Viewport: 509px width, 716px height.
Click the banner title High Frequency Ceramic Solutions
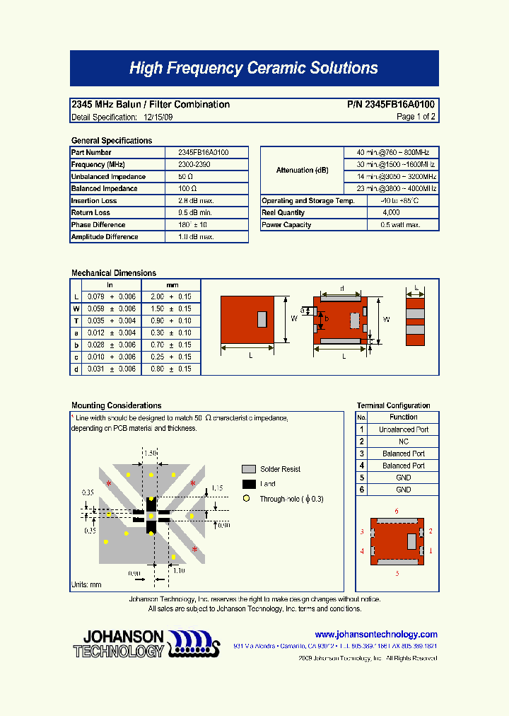click(254, 69)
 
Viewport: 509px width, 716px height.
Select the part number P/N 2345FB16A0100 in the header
click(390, 105)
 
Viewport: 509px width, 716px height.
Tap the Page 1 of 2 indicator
click(416, 117)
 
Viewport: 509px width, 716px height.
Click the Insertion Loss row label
click(94, 201)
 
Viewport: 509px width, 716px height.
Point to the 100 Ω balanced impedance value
click(187, 189)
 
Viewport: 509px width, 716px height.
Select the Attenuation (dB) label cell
click(302, 171)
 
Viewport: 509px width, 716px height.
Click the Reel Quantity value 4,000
click(390, 213)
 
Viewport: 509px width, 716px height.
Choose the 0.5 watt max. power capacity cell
click(400, 225)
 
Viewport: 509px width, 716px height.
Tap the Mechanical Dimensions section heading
click(114, 273)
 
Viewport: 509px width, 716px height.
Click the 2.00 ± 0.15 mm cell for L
click(170, 297)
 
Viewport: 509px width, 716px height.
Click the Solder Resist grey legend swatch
click(248, 469)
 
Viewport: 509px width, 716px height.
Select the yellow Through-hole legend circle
click(247, 499)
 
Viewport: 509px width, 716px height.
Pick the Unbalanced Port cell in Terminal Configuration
click(403, 429)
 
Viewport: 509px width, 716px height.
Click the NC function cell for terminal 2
click(403, 441)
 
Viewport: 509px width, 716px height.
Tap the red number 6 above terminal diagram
click(397, 511)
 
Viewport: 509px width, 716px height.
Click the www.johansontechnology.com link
click(375, 635)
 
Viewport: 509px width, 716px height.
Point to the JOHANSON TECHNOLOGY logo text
click(119, 644)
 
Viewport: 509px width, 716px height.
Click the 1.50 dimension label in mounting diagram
click(150, 452)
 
